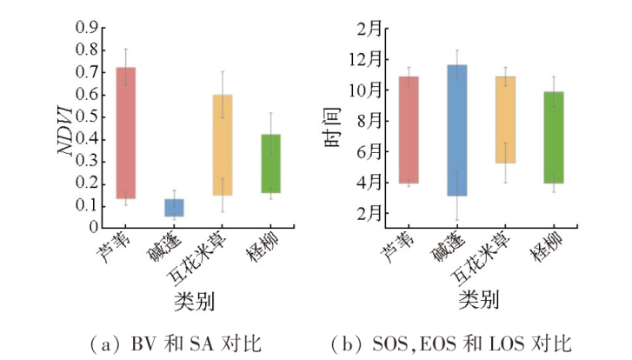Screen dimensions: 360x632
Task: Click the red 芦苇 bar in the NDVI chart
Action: (125, 132)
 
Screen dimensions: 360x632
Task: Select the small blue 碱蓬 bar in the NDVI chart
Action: (174, 207)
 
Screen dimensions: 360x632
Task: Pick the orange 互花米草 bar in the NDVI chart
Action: (223, 144)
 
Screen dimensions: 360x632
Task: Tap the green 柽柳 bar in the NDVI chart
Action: (270, 163)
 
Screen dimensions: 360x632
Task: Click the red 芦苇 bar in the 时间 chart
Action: (409, 130)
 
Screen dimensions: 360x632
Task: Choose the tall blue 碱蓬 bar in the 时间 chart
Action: (457, 130)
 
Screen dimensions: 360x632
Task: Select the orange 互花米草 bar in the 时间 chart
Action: (505, 119)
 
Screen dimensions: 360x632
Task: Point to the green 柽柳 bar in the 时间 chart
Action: (554, 137)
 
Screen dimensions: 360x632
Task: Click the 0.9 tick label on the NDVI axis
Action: (84, 28)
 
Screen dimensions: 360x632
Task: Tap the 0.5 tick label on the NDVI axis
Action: (84, 117)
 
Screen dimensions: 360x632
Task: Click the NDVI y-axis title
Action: (64, 128)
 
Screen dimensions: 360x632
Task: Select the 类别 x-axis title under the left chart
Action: (195, 300)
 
